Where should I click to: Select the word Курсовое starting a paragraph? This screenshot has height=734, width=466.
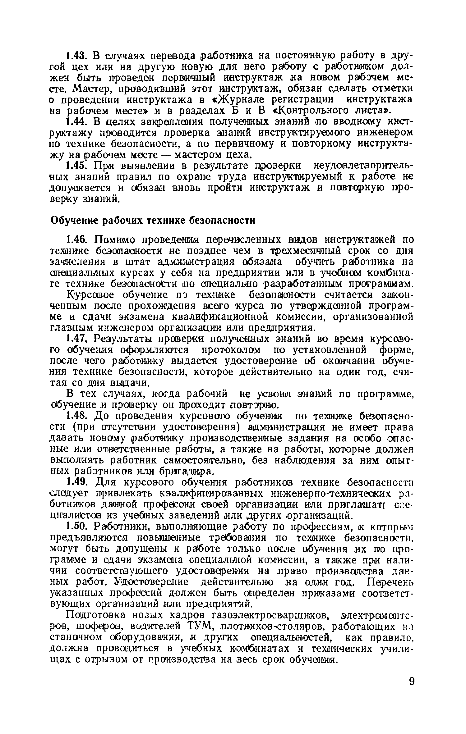point(92,294)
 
